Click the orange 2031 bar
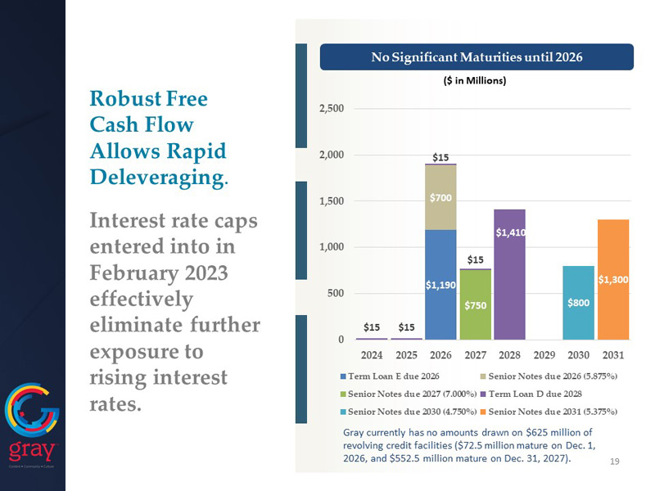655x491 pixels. click(x=613, y=279)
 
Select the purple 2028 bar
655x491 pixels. click(x=509, y=274)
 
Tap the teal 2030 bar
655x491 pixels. click(x=578, y=302)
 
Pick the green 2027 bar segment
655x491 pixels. click(x=475, y=304)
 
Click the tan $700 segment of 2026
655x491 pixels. click(x=440, y=197)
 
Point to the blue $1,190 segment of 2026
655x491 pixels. click(x=440, y=284)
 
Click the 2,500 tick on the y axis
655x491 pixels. click(x=331, y=108)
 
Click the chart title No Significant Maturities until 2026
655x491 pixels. click(x=477, y=57)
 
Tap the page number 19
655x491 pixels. click(x=615, y=462)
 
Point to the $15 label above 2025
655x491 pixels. click(x=406, y=327)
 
